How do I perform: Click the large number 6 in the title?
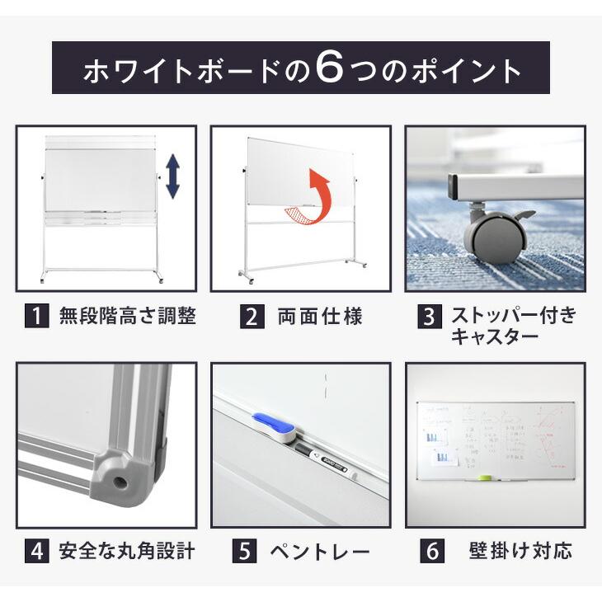coord(329,69)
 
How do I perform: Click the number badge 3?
coord(430,317)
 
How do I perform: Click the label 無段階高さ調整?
coord(127,317)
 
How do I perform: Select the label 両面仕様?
coord(320,317)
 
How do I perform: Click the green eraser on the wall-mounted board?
coord(487,477)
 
